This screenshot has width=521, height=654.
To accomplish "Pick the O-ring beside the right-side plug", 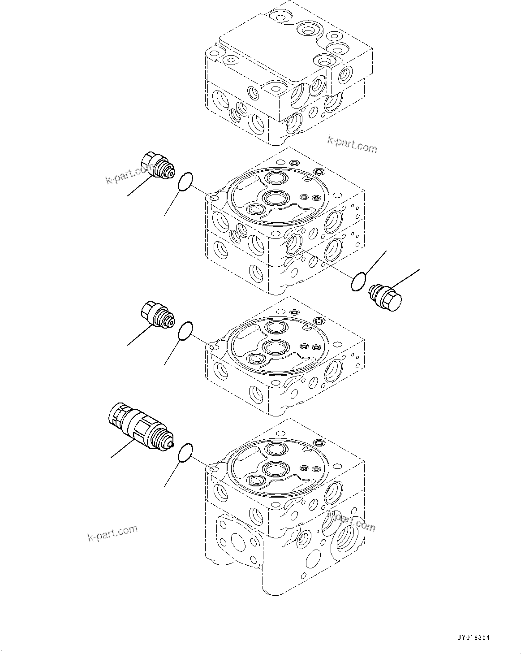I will coord(359,282).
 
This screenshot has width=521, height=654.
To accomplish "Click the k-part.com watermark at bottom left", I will coord(112,533).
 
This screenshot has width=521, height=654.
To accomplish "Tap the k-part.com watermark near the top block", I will coord(352,144).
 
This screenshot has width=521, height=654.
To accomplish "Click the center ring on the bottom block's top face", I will coord(274,469).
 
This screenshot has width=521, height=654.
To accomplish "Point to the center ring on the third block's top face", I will coord(274,346).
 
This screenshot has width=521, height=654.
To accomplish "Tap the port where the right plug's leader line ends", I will coord(292,245).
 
